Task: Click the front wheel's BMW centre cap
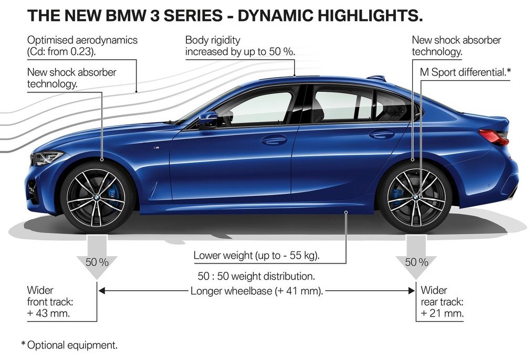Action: coord(96,197)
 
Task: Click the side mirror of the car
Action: coord(208,118)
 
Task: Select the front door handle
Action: coord(274,139)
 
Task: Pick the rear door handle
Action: coord(382,134)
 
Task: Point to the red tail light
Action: coord(495,136)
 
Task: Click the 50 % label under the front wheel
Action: coord(97,262)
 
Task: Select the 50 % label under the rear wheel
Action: coord(416,262)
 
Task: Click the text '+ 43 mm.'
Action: coord(48,313)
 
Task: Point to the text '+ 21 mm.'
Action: coord(442,313)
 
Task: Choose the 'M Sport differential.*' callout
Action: coord(465,72)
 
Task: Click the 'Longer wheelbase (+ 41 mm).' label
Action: coord(256,291)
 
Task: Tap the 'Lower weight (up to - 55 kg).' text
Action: coord(256,255)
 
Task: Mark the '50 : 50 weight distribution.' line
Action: coord(256,276)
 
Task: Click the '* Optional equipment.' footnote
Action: coord(69,345)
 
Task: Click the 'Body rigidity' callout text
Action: coord(213,40)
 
